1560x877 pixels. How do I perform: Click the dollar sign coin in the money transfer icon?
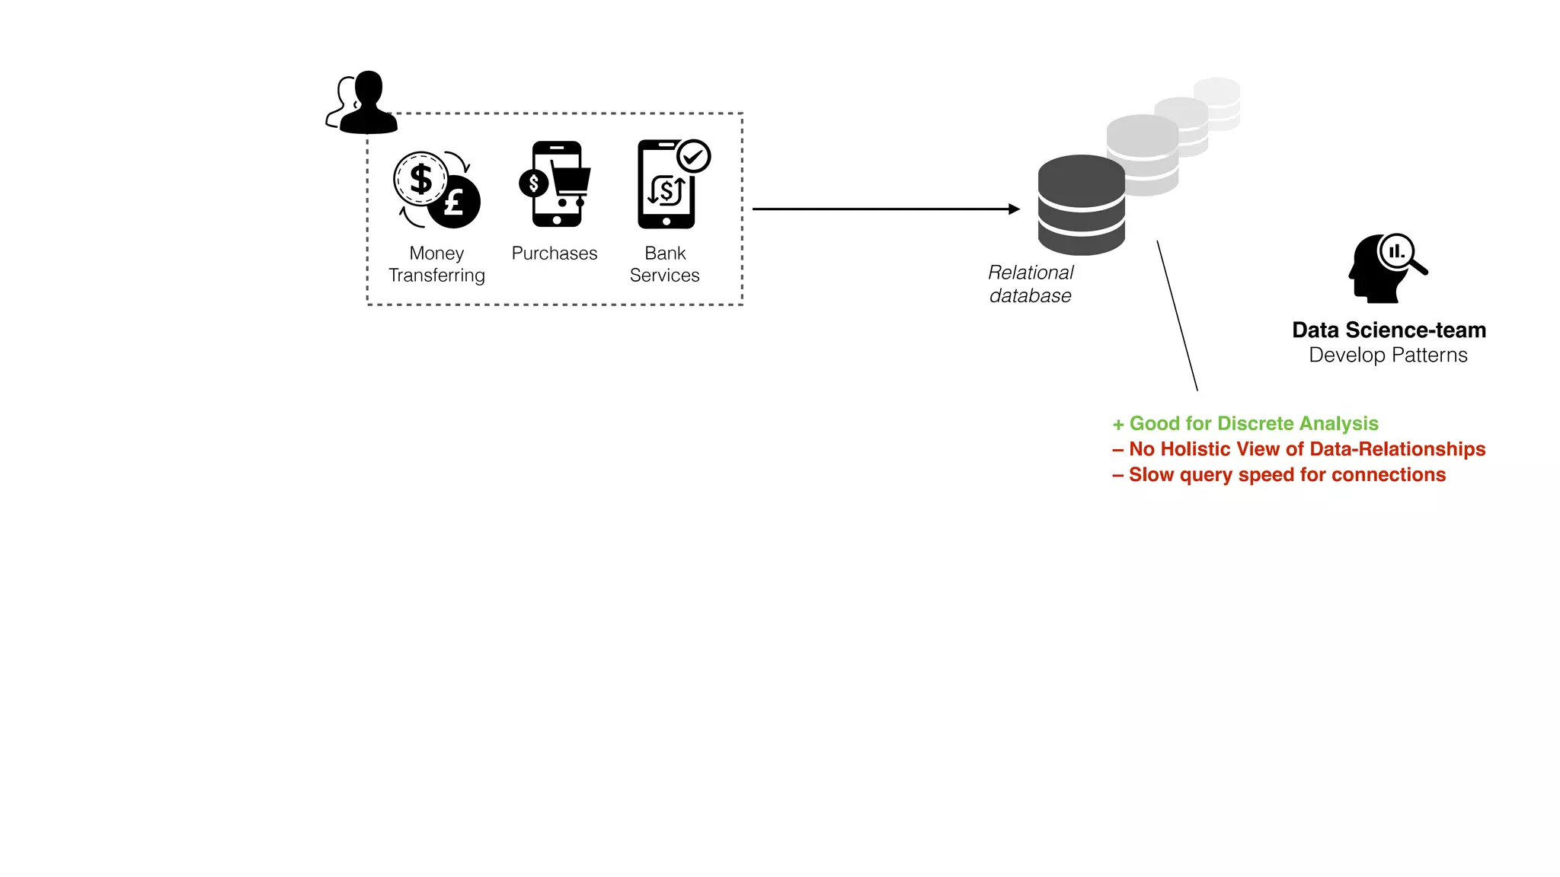(x=420, y=179)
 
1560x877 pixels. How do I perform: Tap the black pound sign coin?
(x=455, y=203)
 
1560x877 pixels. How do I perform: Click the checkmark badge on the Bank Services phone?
(x=693, y=157)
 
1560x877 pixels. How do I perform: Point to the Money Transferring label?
(x=436, y=264)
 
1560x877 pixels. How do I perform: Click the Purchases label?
(x=554, y=254)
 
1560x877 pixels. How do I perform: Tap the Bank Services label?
(x=664, y=264)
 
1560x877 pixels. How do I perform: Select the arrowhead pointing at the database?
(x=1014, y=209)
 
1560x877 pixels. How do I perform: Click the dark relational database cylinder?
(x=1081, y=206)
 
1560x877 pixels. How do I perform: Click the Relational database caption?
(x=1030, y=284)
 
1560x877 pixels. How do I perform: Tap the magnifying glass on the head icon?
(x=1399, y=252)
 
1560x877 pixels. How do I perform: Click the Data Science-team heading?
(x=1389, y=330)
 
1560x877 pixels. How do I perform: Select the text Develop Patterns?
(x=1388, y=356)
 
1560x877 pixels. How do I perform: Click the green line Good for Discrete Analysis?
(x=1245, y=423)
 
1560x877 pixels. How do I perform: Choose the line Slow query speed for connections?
(x=1279, y=475)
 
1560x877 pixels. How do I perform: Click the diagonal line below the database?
(x=1177, y=316)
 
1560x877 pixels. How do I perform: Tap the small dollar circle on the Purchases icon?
(x=533, y=183)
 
